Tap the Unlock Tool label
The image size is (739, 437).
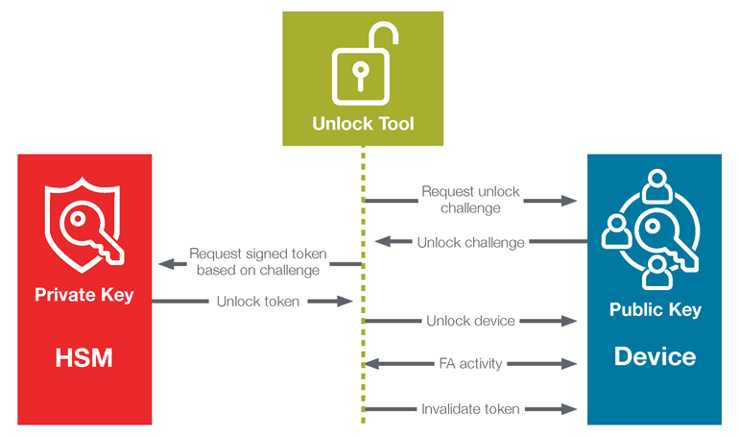[x=363, y=124]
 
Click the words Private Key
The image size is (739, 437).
[x=84, y=295]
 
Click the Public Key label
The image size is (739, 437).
[x=656, y=309]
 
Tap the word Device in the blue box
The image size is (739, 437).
[x=656, y=356]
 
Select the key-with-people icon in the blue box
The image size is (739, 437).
[x=656, y=231]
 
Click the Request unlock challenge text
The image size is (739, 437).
[x=470, y=200]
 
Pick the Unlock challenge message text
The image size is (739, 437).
[x=470, y=242]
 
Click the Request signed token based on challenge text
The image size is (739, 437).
[x=257, y=262]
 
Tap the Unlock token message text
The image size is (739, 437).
[x=257, y=302]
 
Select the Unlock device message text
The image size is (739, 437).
[x=470, y=321]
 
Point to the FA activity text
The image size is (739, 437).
[x=470, y=364]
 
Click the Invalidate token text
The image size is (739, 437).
[x=470, y=409]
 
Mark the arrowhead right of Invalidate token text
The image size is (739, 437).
[x=569, y=409]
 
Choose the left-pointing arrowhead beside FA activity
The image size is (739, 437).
[x=372, y=364]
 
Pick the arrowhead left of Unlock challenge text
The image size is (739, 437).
[x=382, y=242]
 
